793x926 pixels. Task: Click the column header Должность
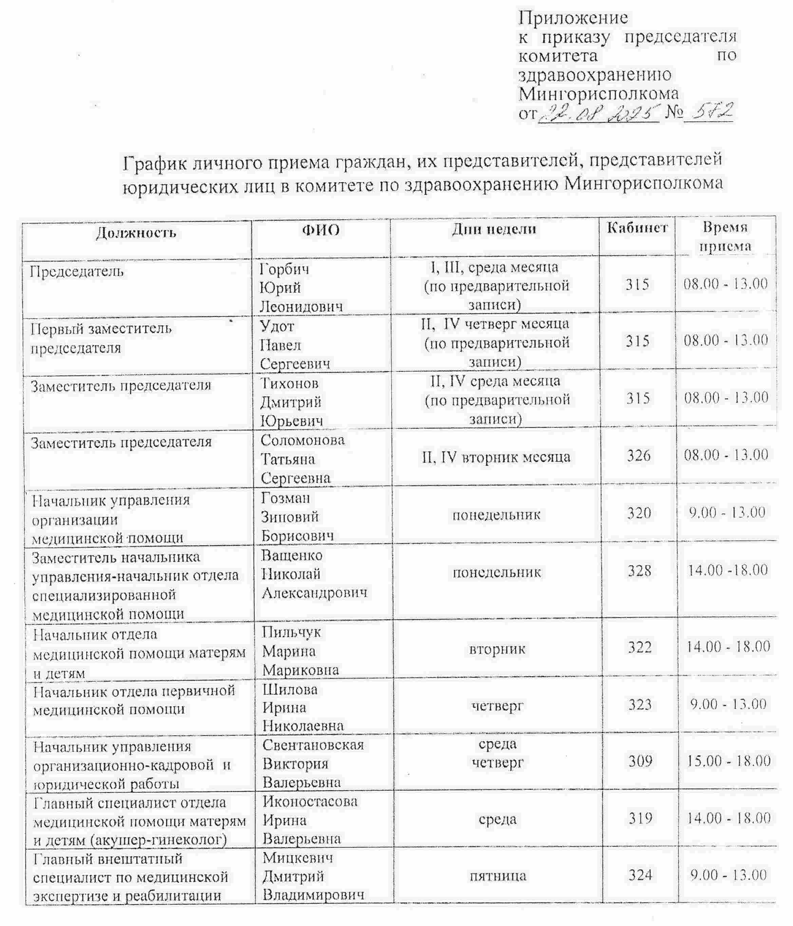pyautogui.click(x=136, y=233)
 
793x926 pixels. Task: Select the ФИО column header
pyautogui.click(x=321, y=230)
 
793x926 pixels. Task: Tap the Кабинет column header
pyautogui.click(x=637, y=228)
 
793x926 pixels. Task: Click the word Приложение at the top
pyautogui.click(x=573, y=18)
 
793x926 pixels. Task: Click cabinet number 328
pyautogui.click(x=639, y=571)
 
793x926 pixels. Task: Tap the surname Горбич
pyautogui.click(x=284, y=269)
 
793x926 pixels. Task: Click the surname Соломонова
pyautogui.click(x=303, y=440)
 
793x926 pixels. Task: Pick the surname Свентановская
pyautogui.click(x=313, y=745)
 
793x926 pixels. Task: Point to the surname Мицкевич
pyautogui.click(x=298, y=858)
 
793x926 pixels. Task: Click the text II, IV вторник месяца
pyautogui.click(x=496, y=457)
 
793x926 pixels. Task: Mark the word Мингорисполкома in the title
pyautogui.click(x=643, y=183)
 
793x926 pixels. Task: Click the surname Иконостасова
pyautogui.click(x=310, y=801)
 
